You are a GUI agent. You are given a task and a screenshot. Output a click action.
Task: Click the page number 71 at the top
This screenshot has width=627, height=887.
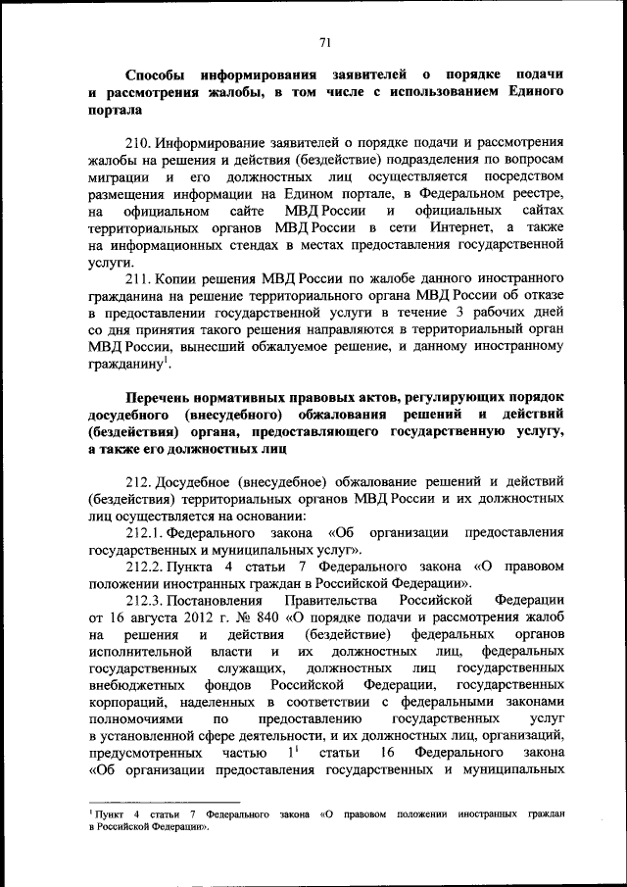click(325, 41)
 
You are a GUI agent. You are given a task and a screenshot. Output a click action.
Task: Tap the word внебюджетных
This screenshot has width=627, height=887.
click(134, 691)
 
